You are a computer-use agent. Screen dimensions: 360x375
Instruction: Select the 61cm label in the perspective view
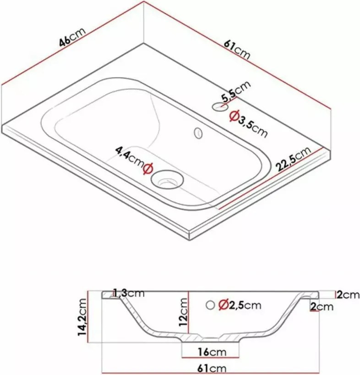(237, 50)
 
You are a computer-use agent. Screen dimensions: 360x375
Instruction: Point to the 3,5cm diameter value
(252, 126)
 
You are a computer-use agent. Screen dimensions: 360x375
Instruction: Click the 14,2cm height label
(82, 317)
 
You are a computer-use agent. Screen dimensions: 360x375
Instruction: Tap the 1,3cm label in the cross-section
(129, 293)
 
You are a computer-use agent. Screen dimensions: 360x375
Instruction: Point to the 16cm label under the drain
(212, 352)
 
